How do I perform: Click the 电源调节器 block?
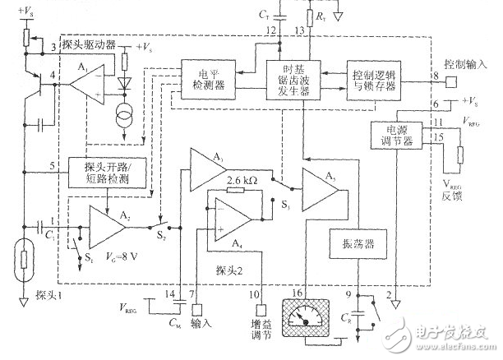(x=395, y=134)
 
